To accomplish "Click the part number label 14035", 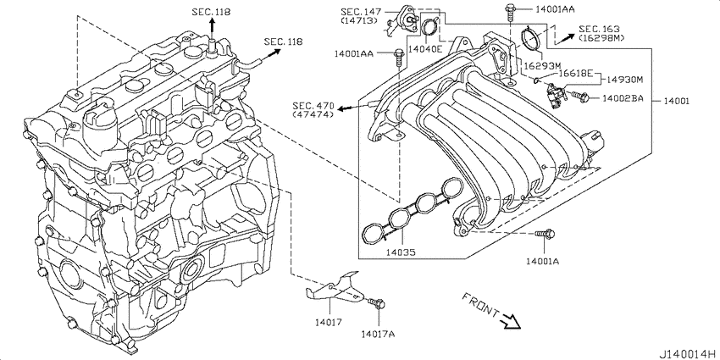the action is pyautogui.click(x=401, y=252).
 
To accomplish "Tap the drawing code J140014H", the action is pyautogui.click(x=690, y=354).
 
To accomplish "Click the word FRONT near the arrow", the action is pyautogui.click(x=480, y=304).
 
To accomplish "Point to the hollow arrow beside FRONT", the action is pyautogui.click(x=511, y=321).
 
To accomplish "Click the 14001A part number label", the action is pyautogui.click(x=542, y=261).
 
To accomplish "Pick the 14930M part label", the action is pyautogui.click(x=624, y=80).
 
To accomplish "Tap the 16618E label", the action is pyautogui.click(x=576, y=73).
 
